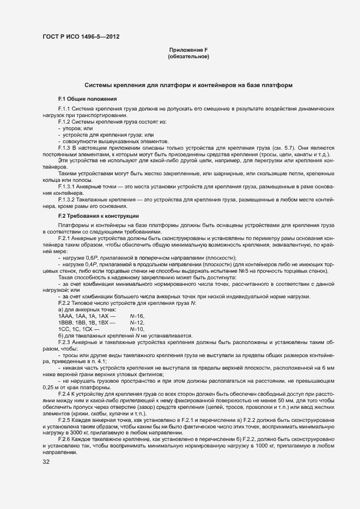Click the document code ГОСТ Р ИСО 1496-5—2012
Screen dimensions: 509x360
coord(81,37)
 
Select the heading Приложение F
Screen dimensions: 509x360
coord(188,50)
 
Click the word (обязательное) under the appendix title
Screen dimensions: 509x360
coord(188,57)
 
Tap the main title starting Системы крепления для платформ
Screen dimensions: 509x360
coord(188,85)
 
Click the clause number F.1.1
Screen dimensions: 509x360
coord(65,109)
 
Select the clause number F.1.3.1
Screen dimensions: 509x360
coord(68,187)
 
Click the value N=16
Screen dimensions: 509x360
coord(137,316)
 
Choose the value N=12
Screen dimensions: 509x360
coord(137,323)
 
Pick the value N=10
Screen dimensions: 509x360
coord(137,329)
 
